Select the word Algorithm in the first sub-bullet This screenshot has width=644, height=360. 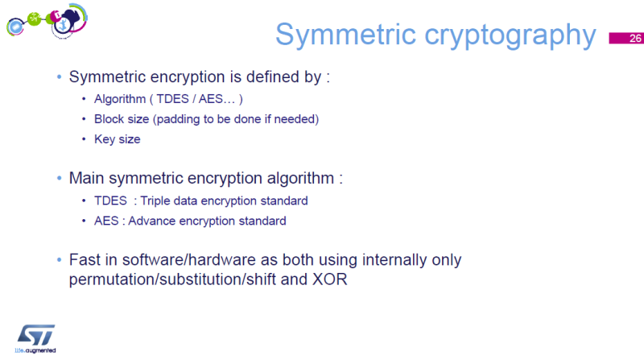pos(119,100)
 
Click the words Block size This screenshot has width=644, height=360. pos(120,119)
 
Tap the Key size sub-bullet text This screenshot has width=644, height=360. pos(118,139)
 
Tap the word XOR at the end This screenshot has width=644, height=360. pos(329,280)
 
